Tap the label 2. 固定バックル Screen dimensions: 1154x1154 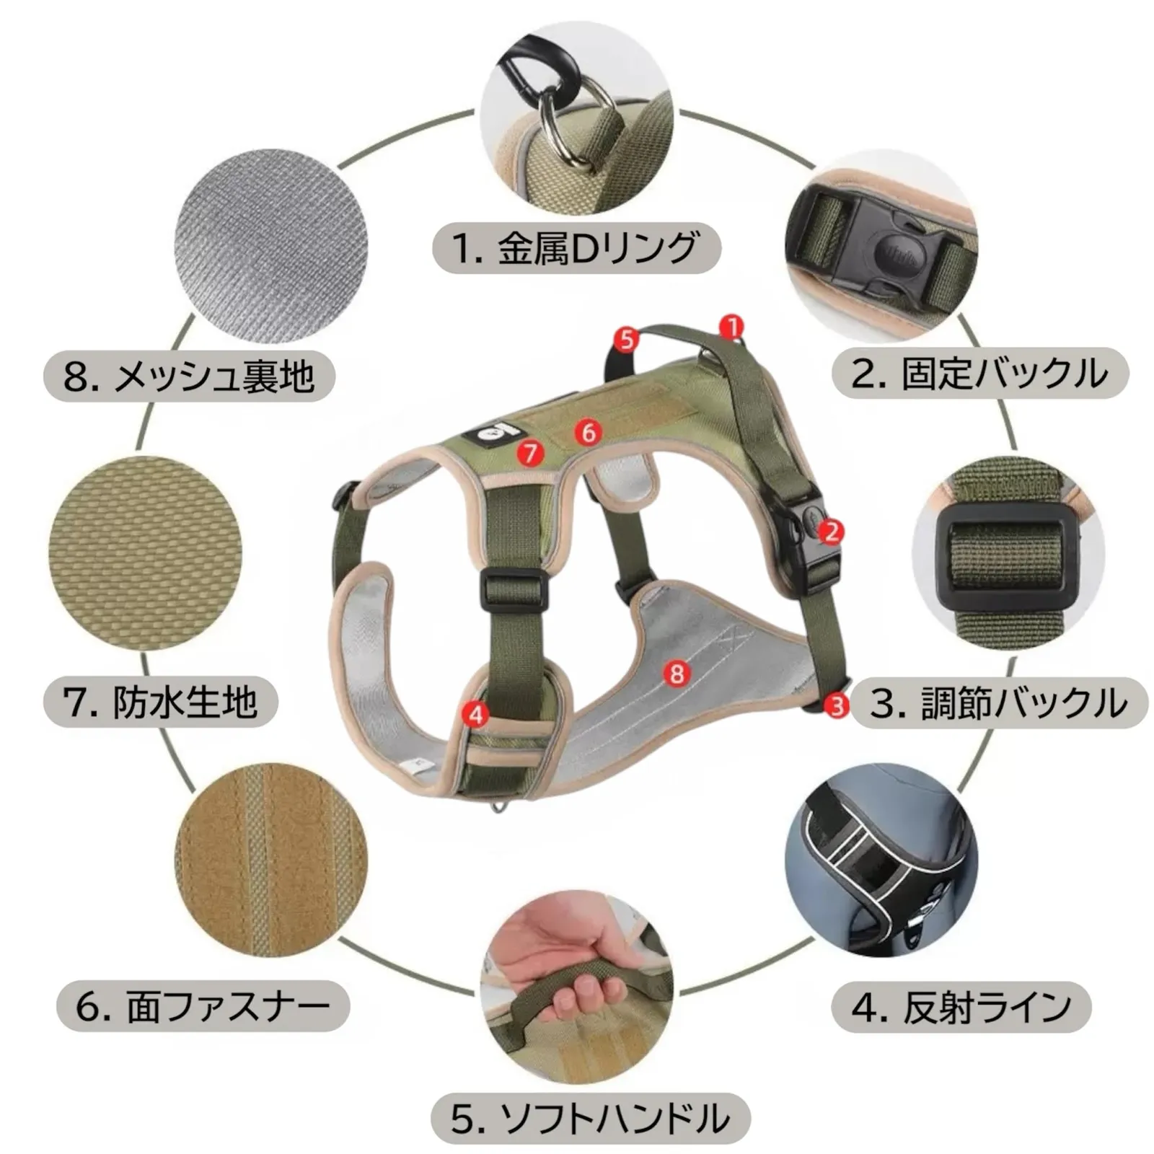click(980, 373)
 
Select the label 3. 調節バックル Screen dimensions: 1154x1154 click(999, 702)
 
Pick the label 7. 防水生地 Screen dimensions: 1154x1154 click(160, 702)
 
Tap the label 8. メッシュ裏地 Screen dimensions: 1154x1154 click(190, 376)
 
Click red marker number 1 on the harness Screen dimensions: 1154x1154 click(732, 327)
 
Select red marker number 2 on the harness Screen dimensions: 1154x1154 click(832, 532)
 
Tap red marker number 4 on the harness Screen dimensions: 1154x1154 click(475, 715)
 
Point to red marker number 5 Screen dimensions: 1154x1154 click(626, 339)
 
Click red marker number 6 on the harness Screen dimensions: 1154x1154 click(589, 433)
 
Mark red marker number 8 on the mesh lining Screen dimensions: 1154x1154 click(677, 674)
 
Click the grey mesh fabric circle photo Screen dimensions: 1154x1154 click(271, 245)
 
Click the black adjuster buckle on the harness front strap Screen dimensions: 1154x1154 click(511, 586)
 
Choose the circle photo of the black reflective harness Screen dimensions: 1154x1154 click(881, 860)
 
